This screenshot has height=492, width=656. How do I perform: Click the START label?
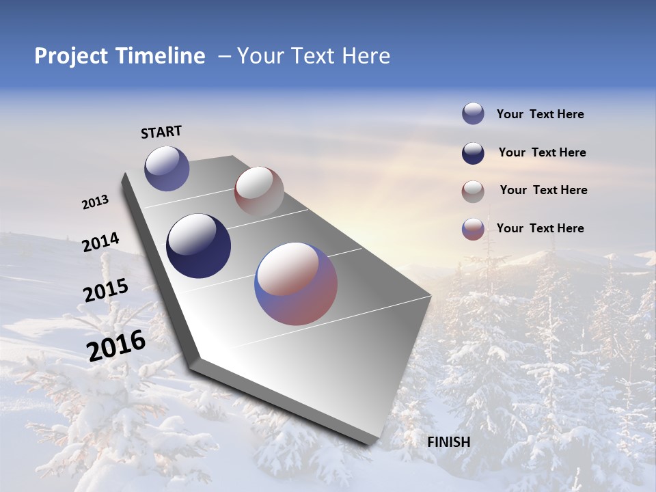(x=161, y=132)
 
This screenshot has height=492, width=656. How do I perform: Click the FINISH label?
(x=449, y=442)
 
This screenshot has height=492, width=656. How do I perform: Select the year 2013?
(x=95, y=202)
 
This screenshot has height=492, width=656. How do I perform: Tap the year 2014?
(x=100, y=242)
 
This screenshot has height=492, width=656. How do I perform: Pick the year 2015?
(x=105, y=290)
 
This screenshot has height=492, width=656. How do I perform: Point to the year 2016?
(x=116, y=345)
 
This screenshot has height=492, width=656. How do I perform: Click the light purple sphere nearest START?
(x=167, y=168)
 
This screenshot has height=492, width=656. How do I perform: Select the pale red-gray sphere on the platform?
(x=258, y=191)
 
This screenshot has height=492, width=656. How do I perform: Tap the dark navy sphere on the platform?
(x=198, y=246)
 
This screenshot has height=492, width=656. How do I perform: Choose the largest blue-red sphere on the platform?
(x=296, y=284)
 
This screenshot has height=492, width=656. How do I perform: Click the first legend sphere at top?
(x=473, y=113)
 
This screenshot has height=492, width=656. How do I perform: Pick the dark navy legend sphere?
(x=473, y=153)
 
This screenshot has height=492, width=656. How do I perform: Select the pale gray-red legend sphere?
(x=473, y=191)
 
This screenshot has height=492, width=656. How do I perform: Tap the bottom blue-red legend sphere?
(x=473, y=229)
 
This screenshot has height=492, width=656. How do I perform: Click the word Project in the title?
(x=71, y=56)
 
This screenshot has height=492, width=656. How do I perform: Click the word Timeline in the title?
(x=160, y=56)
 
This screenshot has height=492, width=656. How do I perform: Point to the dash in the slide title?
(x=224, y=56)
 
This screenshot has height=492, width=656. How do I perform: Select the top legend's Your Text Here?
(x=540, y=114)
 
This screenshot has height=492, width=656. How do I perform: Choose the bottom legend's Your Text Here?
(x=540, y=228)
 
